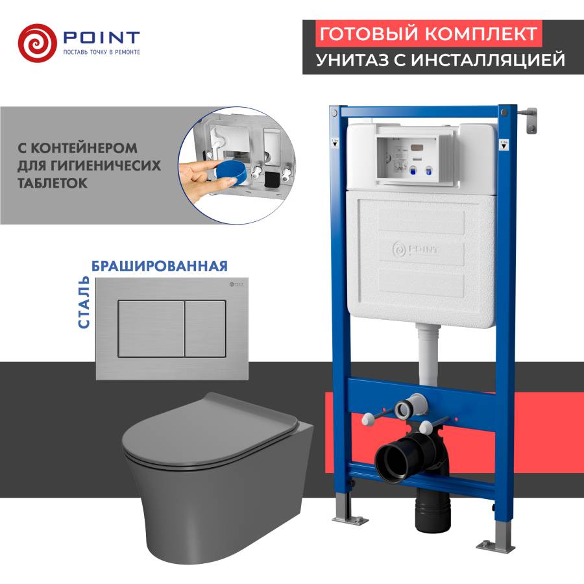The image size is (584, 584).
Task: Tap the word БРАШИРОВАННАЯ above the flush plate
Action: tap(160, 266)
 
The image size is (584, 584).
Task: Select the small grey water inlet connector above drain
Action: tap(408, 409)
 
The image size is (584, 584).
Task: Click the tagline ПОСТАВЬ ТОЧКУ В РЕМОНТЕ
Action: tap(101, 51)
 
